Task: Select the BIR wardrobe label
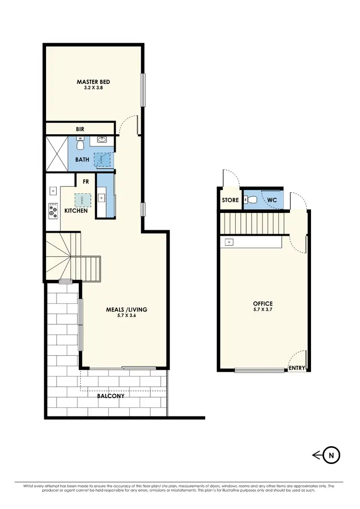(80, 129)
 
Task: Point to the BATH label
(82, 160)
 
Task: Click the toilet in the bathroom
(81, 143)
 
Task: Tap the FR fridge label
(86, 182)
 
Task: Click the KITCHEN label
(76, 211)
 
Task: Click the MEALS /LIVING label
(126, 309)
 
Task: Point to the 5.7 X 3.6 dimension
(126, 316)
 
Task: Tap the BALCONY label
(111, 396)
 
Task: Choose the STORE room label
(230, 200)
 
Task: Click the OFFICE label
(263, 304)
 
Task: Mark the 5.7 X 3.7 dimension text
(263, 310)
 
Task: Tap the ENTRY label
(296, 368)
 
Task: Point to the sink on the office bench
(229, 242)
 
